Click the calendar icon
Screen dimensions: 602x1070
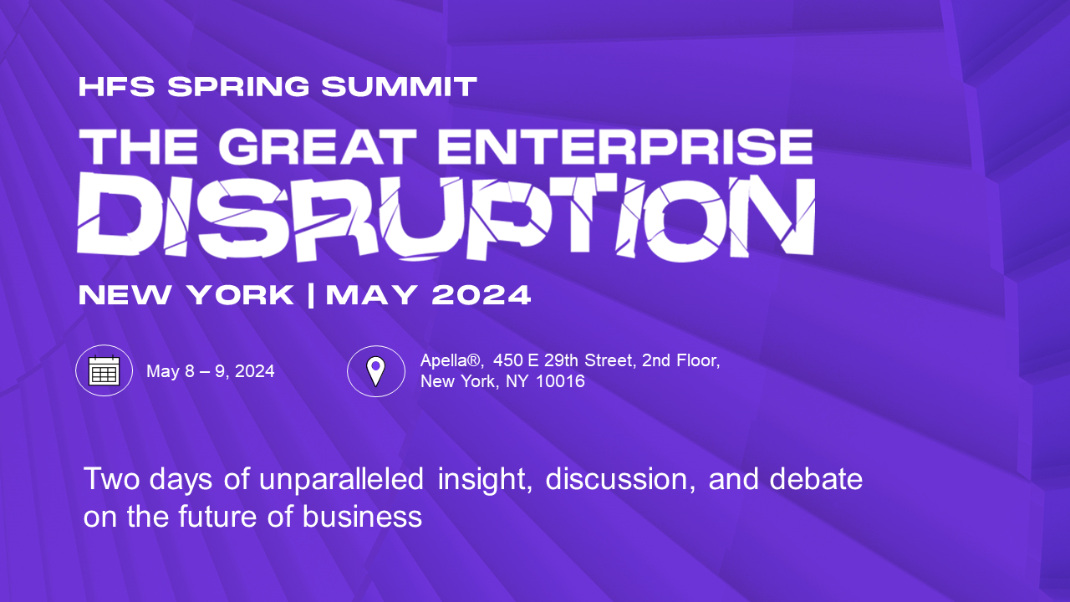[104, 370]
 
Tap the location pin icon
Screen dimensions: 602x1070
[376, 371]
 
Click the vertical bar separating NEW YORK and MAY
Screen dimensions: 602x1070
[311, 295]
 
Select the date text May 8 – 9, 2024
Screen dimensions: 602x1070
[211, 371]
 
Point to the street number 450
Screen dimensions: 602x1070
[508, 361]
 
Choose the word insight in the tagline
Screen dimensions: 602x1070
[484, 481]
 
